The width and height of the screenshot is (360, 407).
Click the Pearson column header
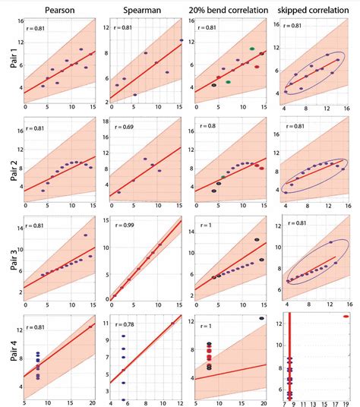coord(58,10)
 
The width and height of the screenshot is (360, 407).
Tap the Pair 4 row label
coord(8,357)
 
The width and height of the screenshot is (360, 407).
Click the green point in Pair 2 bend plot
coord(223,177)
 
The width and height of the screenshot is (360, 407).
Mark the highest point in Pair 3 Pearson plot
coord(86,235)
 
